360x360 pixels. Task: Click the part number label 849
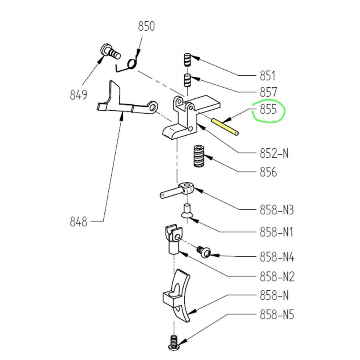pos(78,95)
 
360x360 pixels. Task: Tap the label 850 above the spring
pos(146,27)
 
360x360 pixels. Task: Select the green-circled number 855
pos(268,110)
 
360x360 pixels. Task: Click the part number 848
pos(78,222)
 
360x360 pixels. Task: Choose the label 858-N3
pos(277,210)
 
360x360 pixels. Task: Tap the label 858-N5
pos(277,315)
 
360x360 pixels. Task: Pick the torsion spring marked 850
pos(130,64)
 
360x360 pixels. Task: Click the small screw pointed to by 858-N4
pos(204,251)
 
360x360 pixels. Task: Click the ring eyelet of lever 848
pos(152,106)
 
